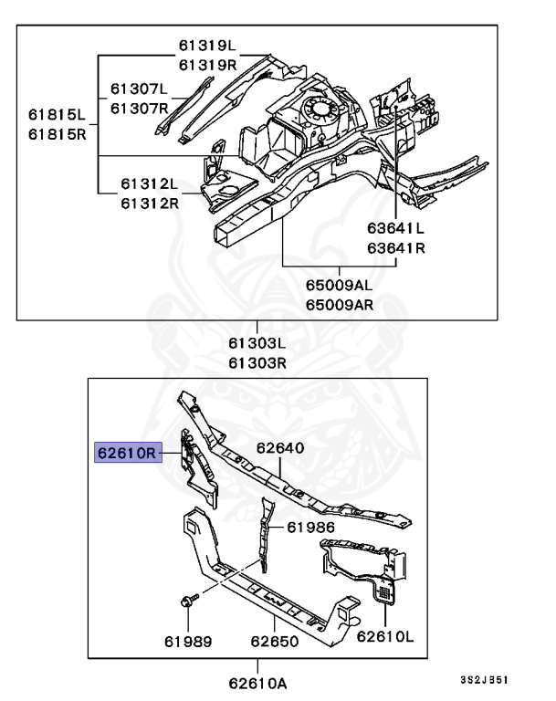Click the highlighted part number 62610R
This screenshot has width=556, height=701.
click(128, 452)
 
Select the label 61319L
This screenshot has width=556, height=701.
click(206, 46)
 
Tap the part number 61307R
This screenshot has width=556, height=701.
click(140, 109)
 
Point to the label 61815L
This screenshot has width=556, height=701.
click(57, 115)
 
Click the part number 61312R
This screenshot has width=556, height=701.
click(150, 202)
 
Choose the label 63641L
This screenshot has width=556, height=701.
click(396, 230)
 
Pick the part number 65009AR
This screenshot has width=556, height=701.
click(340, 304)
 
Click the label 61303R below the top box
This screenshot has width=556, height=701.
click(257, 361)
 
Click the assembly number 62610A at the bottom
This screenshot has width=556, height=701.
click(257, 682)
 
